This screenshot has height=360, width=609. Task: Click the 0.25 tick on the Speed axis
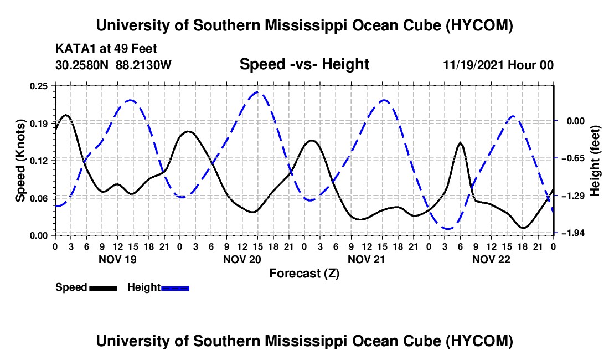tap(38, 86)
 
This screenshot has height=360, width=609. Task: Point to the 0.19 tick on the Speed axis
tap(38, 124)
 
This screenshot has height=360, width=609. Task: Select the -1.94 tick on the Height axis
tap(575, 233)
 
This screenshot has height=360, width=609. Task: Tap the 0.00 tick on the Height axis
tap(576, 121)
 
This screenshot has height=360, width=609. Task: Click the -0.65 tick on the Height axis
tap(575, 158)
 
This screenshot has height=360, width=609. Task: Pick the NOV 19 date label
tap(118, 259)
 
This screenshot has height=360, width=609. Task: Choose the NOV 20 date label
tap(242, 259)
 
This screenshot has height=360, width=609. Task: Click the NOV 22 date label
tap(491, 259)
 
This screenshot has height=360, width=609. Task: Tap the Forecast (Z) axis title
tap(304, 274)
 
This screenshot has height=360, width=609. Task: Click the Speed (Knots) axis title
tap(20, 161)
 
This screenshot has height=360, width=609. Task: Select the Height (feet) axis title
tap(595, 161)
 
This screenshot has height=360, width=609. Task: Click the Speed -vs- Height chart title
tap(304, 64)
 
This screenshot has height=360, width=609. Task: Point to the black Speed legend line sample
tap(104, 289)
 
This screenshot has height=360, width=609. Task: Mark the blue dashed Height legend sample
tap(175, 289)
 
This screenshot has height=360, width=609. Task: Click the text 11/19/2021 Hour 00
tap(498, 65)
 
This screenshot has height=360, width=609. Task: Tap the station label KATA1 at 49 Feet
tap(106, 49)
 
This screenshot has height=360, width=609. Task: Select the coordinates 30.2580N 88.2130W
tap(113, 65)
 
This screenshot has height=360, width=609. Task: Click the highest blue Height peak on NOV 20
tap(257, 92)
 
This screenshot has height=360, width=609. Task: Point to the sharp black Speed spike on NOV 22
tap(461, 143)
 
